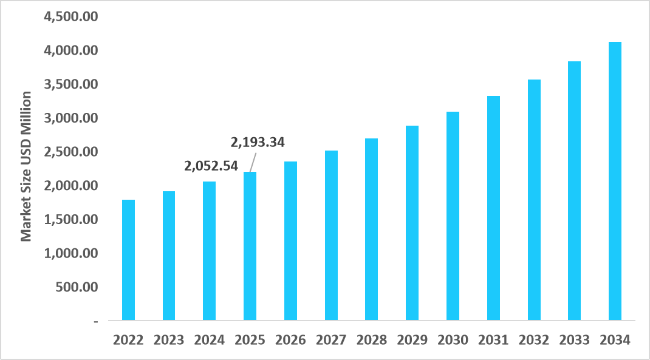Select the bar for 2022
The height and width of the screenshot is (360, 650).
pos(128,260)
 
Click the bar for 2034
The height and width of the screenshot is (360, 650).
pos(615,181)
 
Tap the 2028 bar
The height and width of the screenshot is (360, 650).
pos(371,229)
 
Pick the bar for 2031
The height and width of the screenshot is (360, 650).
pos(493,208)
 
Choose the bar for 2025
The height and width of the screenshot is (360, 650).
pos(250,246)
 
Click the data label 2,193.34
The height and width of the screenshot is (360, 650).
pos(258,143)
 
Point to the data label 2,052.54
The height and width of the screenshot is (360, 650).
pos(211,165)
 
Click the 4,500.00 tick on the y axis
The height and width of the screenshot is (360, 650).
pos(72,16)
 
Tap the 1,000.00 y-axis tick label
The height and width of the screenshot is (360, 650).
pos(72,253)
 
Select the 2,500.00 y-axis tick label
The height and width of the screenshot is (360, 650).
pos(72,151)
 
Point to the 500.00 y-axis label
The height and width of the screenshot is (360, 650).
pos(77,287)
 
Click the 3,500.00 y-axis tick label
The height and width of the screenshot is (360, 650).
pos(72,84)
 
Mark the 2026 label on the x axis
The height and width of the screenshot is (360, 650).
pos(290,340)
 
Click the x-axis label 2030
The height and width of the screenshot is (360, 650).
pos(453,340)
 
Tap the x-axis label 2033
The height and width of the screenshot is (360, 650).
pos(574,340)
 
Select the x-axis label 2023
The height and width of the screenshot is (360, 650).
pos(169,340)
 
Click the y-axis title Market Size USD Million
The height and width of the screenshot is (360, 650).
pos(26,166)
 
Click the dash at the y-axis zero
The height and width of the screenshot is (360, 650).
pos(95,321)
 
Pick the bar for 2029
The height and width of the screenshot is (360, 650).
pos(412,223)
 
